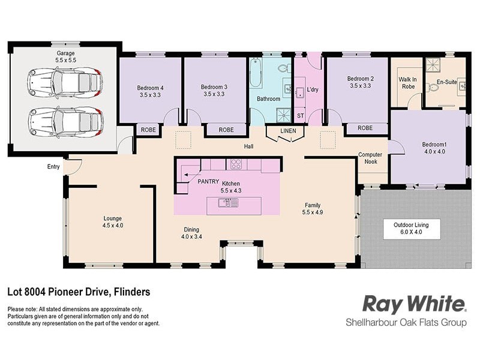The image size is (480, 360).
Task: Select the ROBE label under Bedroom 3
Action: tap(226, 130)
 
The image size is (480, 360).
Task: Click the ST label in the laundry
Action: tap(301, 116)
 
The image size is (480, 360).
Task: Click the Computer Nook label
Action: tap(370, 158)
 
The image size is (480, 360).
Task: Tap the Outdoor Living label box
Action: tap(411, 229)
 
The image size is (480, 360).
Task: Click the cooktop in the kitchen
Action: tap(235, 164)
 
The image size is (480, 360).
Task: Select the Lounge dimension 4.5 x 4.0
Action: tap(113, 226)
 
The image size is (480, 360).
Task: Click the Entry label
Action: tap(54, 167)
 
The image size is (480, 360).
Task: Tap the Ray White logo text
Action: tap(414, 304)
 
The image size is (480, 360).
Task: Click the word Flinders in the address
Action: tap(130, 292)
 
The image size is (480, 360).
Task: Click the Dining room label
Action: tap(191, 230)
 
